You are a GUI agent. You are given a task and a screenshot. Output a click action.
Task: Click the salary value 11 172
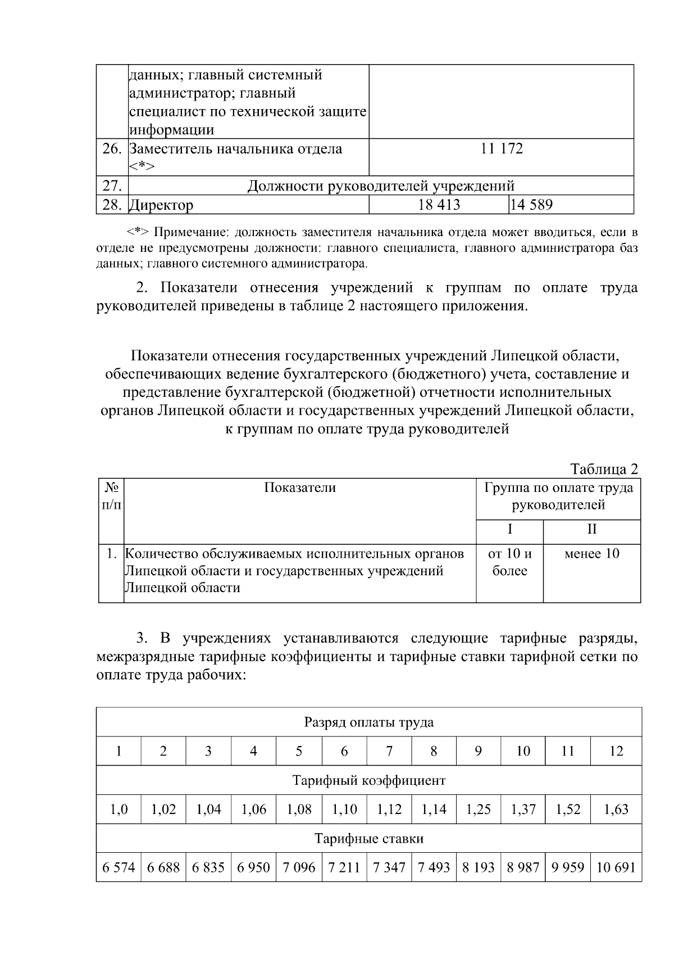click(x=502, y=149)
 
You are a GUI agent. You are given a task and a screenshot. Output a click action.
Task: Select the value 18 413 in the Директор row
click(x=439, y=205)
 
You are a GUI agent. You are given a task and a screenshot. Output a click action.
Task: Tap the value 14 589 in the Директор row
click(x=531, y=205)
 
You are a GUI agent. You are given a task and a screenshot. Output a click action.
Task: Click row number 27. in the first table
click(x=112, y=186)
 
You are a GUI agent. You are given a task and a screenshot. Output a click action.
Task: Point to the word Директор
click(x=162, y=205)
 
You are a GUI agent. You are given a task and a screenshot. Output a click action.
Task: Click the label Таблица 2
click(x=604, y=469)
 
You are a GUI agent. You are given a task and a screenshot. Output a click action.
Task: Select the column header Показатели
click(x=300, y=488)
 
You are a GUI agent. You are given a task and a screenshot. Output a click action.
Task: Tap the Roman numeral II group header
click(x=591, y=530)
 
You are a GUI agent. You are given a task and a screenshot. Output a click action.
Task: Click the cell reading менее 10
click(x=591, y=554)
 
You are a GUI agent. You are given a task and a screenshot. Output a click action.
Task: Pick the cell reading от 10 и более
click(x=509, y=562)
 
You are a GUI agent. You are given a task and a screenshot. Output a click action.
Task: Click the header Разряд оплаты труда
click(x=368, y=722)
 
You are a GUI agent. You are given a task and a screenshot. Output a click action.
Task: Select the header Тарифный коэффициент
click(x=368, y=781)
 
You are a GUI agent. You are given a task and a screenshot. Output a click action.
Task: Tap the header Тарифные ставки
click(x=368, y=839)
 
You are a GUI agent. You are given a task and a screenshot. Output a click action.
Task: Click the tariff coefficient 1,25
click(x=478, y=810)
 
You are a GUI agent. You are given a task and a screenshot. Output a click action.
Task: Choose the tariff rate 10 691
click(x=616, y=868)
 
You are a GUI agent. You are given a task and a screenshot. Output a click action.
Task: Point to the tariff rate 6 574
click(x=119, y=868)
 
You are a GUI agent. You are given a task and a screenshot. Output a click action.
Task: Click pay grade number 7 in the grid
click(x=389, y=752)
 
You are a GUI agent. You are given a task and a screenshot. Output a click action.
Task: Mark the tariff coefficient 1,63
click(x=616, y=810)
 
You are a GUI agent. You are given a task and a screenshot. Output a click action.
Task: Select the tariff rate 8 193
click(x=478, y=868)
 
